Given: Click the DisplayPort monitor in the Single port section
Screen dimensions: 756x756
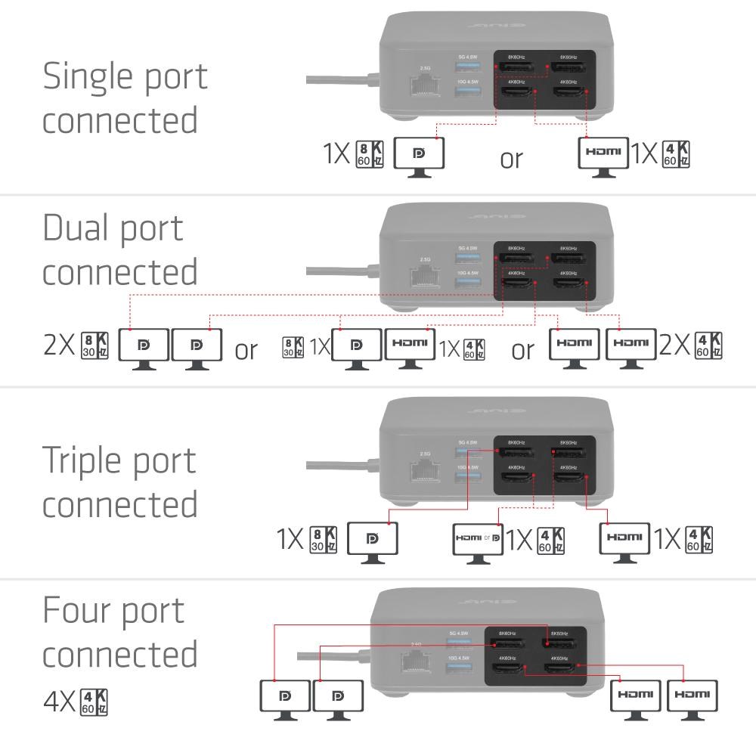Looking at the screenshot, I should click(419, 154).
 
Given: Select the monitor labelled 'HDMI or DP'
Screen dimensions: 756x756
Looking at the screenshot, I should click(477, 539).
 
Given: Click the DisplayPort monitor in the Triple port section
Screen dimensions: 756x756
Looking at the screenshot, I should click(372, 539).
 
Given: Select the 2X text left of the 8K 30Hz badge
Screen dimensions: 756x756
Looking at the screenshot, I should click(58, 347).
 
